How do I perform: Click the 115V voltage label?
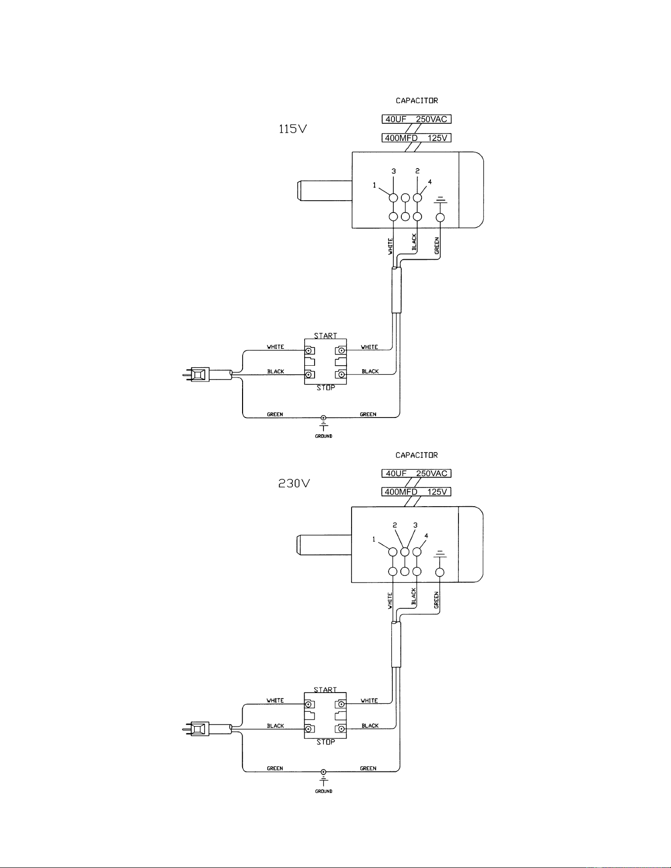tap(293, 129)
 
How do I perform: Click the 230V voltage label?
tap(294, 484)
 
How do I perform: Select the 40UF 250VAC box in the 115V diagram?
tap(417, 119)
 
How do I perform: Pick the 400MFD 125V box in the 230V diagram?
tap(417, 492)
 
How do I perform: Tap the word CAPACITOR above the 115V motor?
tap(417, 101)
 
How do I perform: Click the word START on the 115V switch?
tap(325, 336)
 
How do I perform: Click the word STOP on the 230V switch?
tap(325, 742)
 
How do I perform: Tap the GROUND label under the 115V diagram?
tap(323, 436)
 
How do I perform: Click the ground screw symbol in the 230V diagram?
tap(323, 772)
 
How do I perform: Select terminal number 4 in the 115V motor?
tap(430, 182)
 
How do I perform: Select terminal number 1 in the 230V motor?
tap(374, 539)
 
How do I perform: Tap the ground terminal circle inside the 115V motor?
tap(441, 217)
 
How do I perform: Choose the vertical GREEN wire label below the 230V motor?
tap(436, 600)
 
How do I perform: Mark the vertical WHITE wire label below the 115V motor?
tap(390, 246)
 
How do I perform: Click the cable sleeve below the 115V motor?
tap(396, 290)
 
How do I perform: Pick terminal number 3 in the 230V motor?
tap(415, 525)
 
